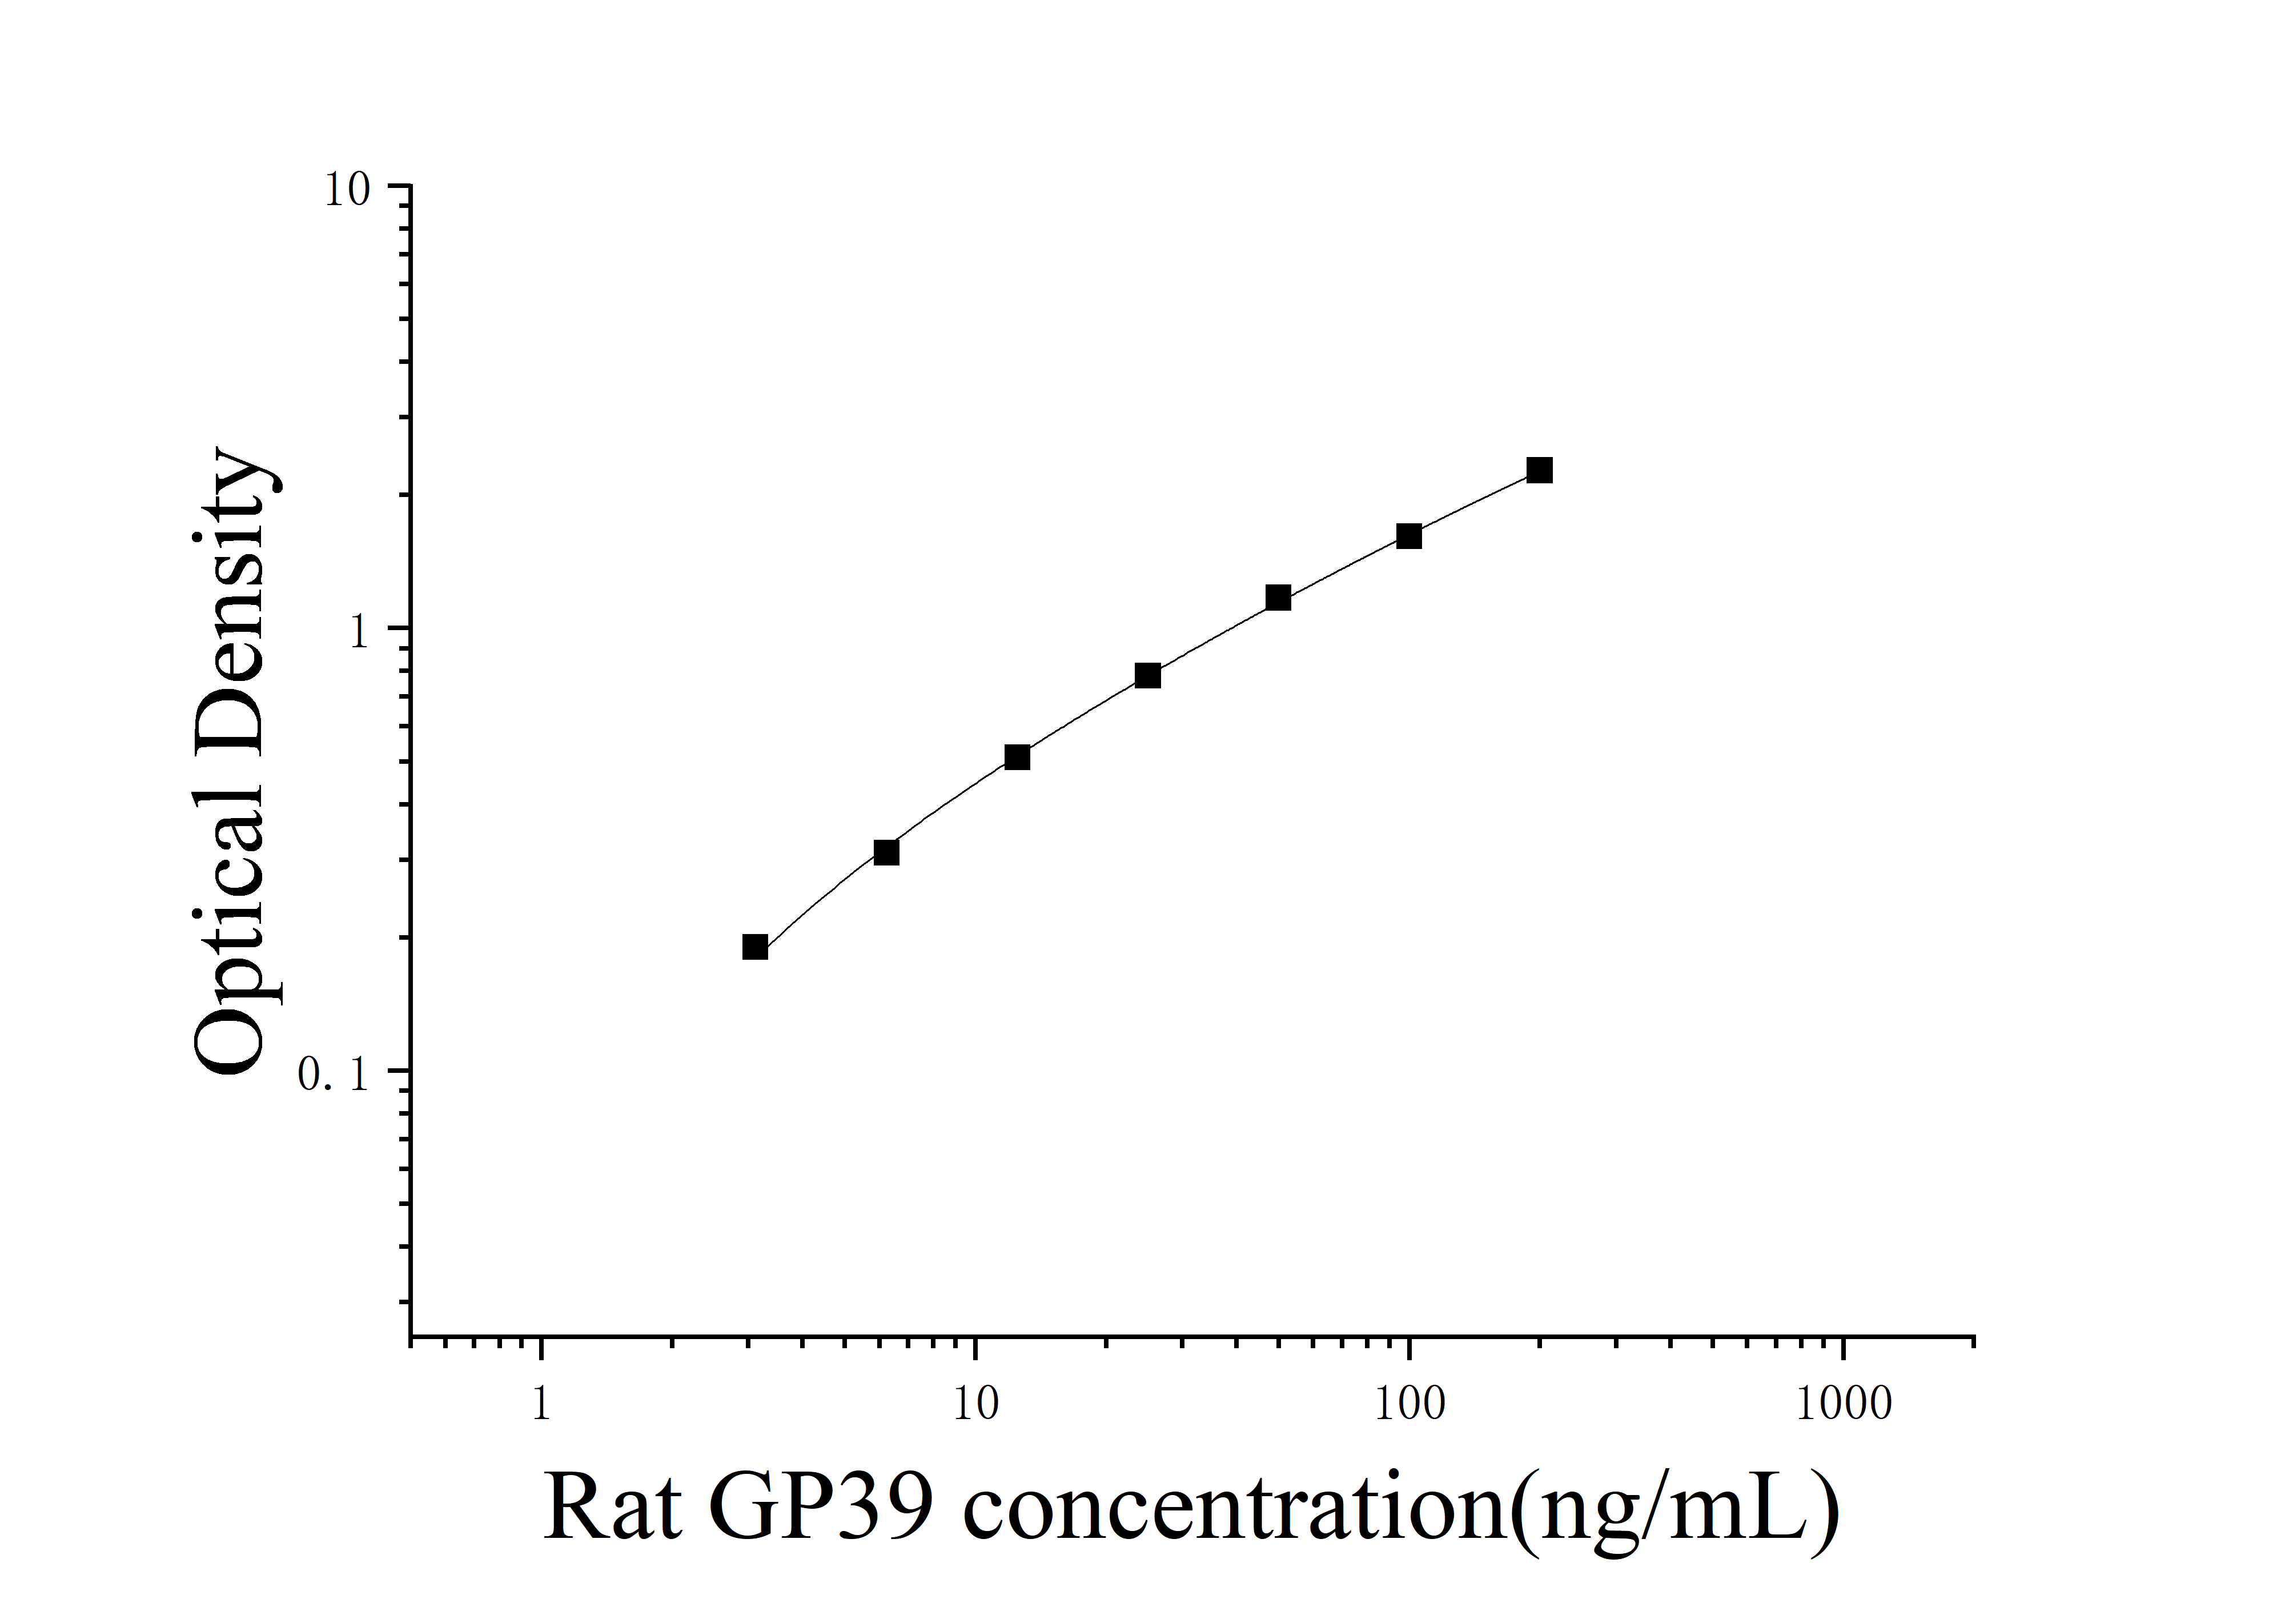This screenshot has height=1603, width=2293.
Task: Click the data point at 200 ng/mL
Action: click(x=1539, y=470)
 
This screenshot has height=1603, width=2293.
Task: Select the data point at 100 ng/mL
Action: click(x=1408, y=536)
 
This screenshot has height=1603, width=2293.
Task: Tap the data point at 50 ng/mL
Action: click(x=1278, y=598)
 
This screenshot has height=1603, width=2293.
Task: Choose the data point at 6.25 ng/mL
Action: click(x=886, y=852)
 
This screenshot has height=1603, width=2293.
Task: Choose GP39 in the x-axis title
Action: click(x=821, y=1508)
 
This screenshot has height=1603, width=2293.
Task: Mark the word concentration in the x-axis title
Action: click(x=1234, y=1508)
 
